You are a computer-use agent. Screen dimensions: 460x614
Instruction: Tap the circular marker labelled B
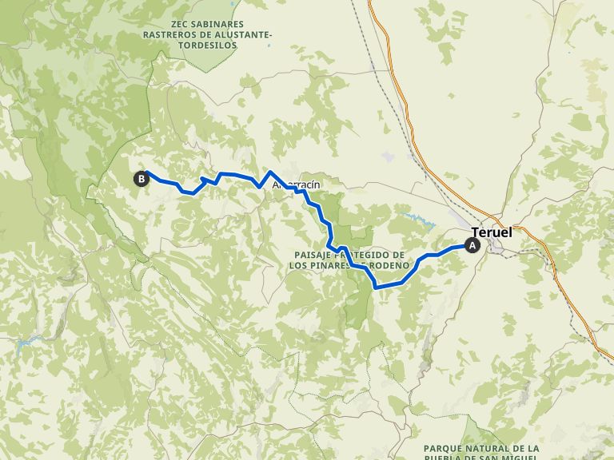pos(142,179)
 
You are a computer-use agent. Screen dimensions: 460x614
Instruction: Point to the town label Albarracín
pos(297,185)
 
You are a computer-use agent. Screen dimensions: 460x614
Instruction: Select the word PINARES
pos(339,264)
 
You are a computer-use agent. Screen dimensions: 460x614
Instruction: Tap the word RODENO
pos(392,264)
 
